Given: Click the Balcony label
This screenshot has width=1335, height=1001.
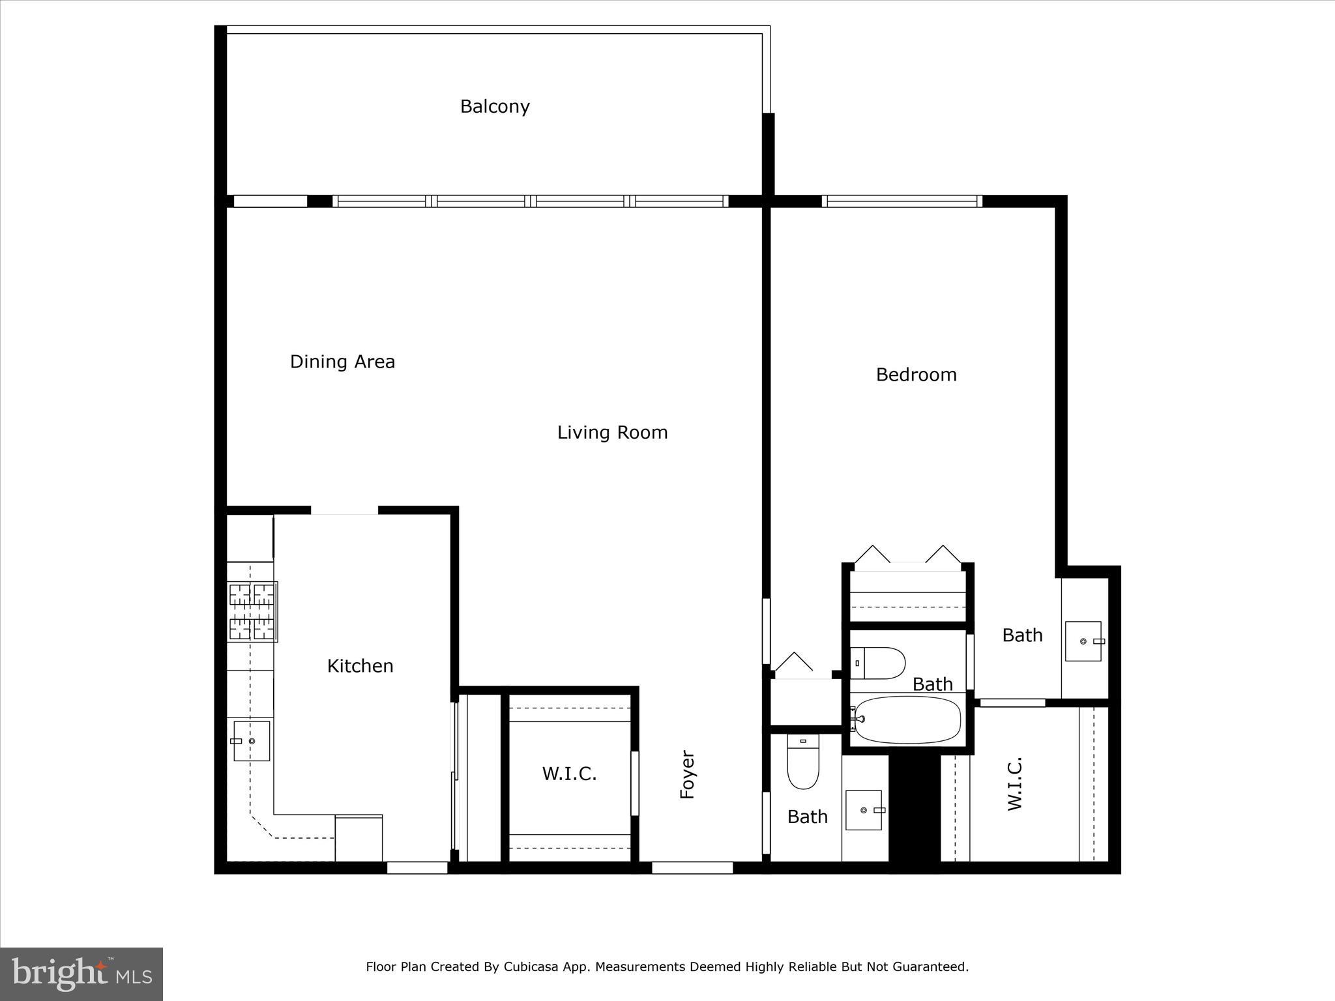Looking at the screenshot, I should click(495, 106).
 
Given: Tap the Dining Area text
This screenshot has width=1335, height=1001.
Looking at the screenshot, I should click(342, 362).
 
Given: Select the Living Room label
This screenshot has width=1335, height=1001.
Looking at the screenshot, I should click(612, 433).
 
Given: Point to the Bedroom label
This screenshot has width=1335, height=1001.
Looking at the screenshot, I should click(916, 375).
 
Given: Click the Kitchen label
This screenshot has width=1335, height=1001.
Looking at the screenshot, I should click(360, 666).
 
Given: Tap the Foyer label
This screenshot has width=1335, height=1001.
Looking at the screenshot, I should click(688, 774).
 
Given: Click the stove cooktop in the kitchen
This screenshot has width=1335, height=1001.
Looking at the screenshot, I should click(252, 611).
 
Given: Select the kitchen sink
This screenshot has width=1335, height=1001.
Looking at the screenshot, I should click(252, 740).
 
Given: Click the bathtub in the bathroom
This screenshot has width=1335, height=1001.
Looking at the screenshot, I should click(907, 720).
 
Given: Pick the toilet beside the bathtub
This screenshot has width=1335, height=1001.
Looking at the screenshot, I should click(878, 663).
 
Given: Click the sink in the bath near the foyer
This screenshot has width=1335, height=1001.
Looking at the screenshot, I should click(864, 810).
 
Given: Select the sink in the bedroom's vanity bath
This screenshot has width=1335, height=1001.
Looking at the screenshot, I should click(1083, 641).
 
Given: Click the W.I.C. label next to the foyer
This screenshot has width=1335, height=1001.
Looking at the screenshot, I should click(569, 774).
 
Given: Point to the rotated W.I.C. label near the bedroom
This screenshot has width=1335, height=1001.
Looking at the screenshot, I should click(1014, 784).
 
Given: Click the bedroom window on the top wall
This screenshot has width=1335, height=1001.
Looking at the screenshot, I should click(902, 201).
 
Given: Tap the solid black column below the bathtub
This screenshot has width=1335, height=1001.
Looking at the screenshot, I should click(915, 811).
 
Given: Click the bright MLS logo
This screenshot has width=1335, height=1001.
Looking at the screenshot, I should click(81, 974).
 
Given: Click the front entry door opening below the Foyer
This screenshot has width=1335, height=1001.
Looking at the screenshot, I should click(692, 867).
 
